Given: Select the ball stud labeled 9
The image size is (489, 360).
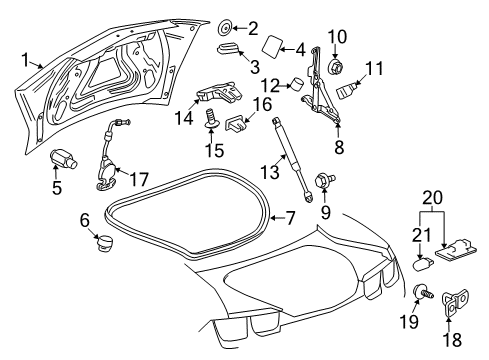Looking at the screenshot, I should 325,182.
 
